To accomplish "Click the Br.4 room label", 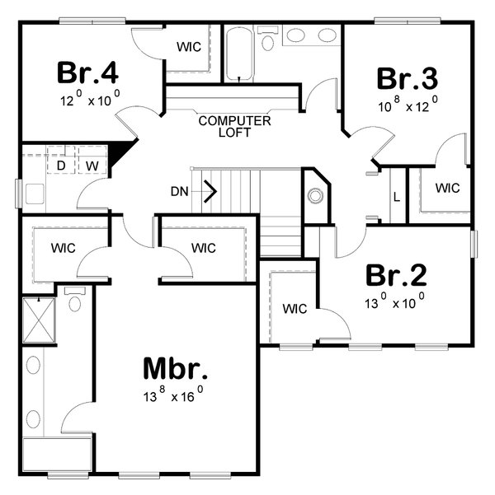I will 88,72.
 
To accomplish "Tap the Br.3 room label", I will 407,78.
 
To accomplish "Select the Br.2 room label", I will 395,275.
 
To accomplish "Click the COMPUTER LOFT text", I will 235,126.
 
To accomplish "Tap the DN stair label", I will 180,192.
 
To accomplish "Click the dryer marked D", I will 61,166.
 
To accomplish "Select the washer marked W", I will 92,166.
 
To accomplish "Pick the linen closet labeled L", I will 397,198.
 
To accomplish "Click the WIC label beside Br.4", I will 189,47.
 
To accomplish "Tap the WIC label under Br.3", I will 447,188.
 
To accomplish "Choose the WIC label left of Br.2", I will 295,309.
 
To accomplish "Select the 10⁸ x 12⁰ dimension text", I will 407,105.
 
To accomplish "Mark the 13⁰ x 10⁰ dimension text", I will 395,301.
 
